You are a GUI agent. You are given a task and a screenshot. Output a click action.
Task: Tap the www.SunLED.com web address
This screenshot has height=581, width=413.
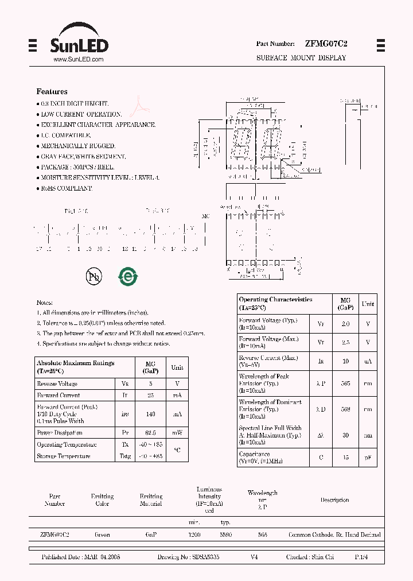click(78, 60)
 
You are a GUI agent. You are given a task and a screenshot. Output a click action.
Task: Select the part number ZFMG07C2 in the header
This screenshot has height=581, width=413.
click(326, 44)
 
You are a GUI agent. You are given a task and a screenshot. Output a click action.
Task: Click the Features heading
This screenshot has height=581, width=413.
click(52, 91)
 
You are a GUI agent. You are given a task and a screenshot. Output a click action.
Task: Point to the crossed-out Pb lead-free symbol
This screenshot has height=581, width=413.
click(93, 277)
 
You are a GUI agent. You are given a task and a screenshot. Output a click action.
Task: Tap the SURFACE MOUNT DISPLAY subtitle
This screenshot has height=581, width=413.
click(301, 58)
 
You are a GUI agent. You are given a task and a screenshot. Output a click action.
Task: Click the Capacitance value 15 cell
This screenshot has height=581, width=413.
click(345, 458)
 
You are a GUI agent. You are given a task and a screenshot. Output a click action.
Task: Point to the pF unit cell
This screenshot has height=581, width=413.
click(368, 458)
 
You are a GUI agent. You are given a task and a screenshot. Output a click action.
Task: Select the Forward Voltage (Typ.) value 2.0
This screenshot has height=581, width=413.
click(345, 324)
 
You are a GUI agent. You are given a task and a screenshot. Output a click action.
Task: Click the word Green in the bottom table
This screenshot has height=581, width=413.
click(102, 534)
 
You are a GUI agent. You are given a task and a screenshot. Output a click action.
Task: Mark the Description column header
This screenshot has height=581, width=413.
click(334, 500)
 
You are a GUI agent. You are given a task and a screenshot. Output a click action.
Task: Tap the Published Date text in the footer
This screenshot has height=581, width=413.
click(81, 557)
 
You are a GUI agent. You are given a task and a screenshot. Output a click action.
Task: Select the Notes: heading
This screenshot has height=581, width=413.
click(45, 303)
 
